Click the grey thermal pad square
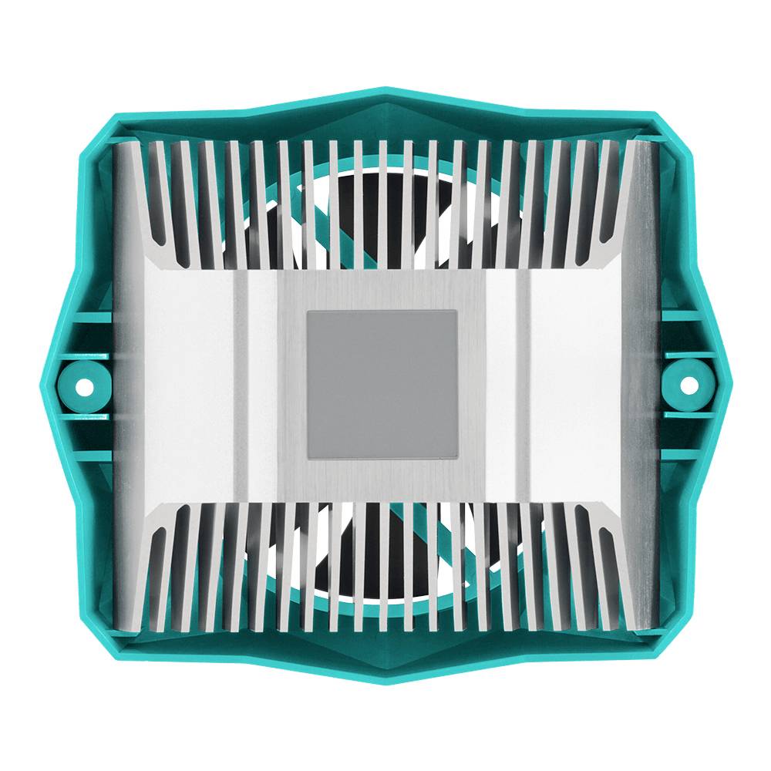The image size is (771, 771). (382, 383)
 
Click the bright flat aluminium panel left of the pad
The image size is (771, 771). (189, 385)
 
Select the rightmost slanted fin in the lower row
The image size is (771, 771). (609, 571)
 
